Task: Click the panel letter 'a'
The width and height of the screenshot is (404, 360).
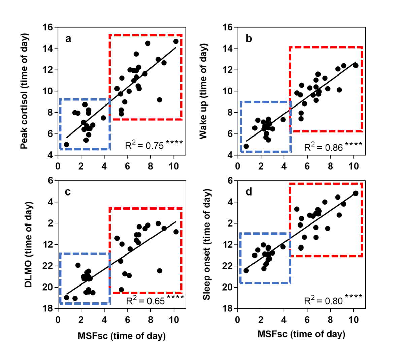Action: tap(68, 39)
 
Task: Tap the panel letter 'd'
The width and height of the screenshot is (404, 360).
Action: tap(249, 192)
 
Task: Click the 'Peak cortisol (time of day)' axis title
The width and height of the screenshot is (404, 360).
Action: tap(24, 91)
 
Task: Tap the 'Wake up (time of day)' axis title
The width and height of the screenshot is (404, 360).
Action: tap(203, 91)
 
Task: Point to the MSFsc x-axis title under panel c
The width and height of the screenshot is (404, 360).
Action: tap(122, 336)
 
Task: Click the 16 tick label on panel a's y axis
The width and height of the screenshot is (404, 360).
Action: tap(48, 27)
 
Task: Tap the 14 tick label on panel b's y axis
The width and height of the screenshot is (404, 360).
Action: tap(228, 49)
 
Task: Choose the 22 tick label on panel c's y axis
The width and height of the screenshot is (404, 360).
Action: tap(48, 266)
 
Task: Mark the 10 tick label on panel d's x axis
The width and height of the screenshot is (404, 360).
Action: tap(353, 320)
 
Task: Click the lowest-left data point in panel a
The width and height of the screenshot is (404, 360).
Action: tap(66, 145)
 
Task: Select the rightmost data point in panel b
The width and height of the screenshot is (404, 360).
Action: tap(356, 65)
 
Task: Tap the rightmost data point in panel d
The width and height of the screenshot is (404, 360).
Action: tap(356, 193)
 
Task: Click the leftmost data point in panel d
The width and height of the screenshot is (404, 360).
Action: tap(246, 270)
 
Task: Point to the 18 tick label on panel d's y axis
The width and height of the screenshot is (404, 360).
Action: tap(228, 308)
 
